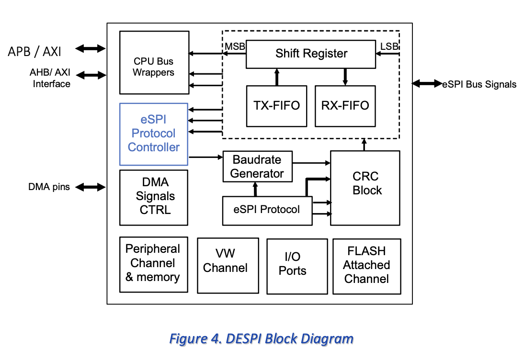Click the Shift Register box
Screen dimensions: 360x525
pos(311,54)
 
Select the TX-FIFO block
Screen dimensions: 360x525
pos(276,106)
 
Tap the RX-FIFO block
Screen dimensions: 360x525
pos(345,106)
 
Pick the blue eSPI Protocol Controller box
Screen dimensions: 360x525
pos(154,134)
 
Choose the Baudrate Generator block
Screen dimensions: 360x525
pos(257,167)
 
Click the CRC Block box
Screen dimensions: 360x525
pos(365,188)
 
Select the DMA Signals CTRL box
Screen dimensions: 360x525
pos(154,197)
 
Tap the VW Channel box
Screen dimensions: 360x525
pos(228,265)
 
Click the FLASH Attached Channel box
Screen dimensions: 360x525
pos(366,266)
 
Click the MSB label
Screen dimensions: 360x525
pos(235,46)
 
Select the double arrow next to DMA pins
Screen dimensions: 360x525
pos(91,187)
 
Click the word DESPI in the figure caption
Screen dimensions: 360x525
pos(241,339)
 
